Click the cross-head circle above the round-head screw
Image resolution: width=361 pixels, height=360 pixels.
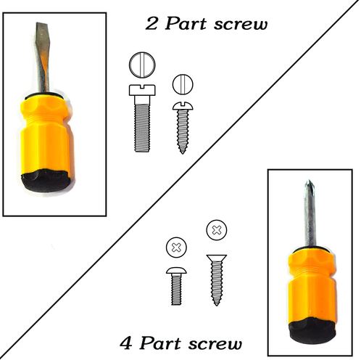[x=176, y=247]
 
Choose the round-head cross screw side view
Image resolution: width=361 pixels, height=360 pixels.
[x=176, y=287]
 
